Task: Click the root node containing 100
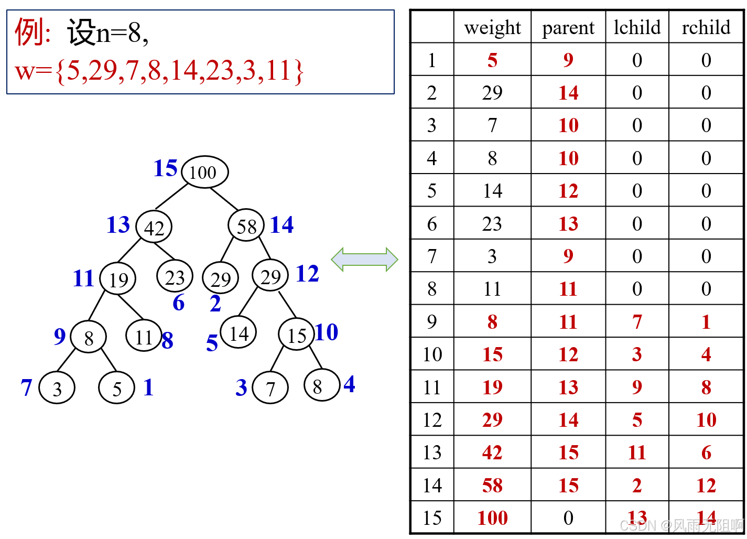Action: [204, 172]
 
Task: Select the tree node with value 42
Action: [154, 228]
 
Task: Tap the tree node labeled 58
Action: [246, 226]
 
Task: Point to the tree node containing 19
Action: [118, 279]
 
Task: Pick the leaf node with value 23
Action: [175, 277]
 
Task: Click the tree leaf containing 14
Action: [239, 333]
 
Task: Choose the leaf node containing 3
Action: [57, 389]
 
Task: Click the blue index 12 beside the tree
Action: [307, 274]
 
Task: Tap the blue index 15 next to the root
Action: [166, 168]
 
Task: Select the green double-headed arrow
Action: [364, 260]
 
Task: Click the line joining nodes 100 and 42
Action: [171, 197]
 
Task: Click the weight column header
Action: [492, 27]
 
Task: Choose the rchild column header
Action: [706, 27]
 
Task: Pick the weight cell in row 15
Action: [492, 518]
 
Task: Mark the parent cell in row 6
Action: [568, 224]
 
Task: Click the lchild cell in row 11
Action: [637, 387]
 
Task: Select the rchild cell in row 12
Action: [706, 420]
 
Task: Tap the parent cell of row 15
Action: [568, 518]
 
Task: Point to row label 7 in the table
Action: [432, 256]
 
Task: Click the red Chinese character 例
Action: [29, 33]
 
